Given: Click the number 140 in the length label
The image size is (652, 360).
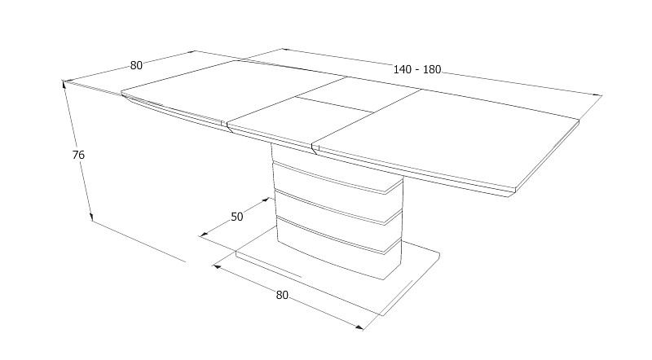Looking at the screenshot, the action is click(402, 69).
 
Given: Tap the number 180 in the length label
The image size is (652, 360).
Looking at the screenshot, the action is click(432, 69).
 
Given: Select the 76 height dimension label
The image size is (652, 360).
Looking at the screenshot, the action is click(78, 155).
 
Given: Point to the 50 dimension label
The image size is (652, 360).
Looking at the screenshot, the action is click(236, 217).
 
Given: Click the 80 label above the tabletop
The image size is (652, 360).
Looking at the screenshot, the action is click(136, 66).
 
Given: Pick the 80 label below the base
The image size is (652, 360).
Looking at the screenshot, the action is click(282, 295).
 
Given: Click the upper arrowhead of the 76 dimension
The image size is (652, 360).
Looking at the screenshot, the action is click(64, 84).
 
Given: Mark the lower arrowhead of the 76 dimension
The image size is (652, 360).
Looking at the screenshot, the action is click(90, 217).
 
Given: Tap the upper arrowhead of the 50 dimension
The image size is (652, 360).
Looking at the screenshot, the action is click(267, 200).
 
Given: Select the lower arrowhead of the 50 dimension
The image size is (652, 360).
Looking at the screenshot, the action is click(203, 235).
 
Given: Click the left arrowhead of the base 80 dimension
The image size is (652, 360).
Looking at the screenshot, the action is click(217, 266).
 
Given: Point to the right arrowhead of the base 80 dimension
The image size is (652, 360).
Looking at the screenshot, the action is click(359, 327).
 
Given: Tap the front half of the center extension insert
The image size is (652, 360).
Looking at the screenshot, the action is click(299, 121).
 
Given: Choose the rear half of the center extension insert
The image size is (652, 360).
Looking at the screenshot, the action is click(359, 94).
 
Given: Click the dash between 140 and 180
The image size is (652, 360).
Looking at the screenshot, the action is click(417, 70).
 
